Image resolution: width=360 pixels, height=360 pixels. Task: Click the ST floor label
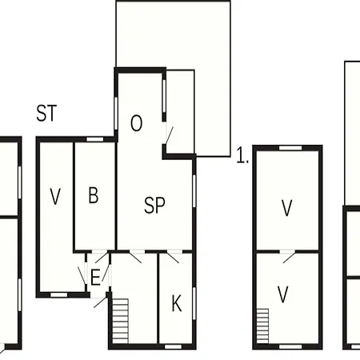tap(46, 113)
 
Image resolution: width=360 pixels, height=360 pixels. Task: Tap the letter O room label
tap(136, 123)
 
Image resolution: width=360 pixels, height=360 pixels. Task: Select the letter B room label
tap(94, 195)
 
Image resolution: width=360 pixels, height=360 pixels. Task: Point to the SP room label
tap(154, 205)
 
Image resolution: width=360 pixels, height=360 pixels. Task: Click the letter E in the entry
tap(95, 278)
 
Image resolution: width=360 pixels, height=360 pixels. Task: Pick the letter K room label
tap(177, 303)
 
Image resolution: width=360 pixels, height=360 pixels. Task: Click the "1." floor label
tap(242, 156)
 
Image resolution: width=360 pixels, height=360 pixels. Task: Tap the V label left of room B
tap(55, 197)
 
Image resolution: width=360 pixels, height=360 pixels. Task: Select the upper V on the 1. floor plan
tap(287, 208)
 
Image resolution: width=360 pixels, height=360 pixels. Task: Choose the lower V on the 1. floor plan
tap(282, 294)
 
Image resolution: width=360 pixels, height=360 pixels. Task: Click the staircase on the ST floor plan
tap(120, 321)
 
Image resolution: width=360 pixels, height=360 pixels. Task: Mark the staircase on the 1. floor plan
tap(262, 326)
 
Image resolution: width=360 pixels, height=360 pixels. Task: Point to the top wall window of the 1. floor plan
tap(290, 148)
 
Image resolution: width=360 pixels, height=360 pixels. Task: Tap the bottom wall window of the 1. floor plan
tap(290, 346)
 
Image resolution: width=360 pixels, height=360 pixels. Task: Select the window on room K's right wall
tap(194, 303)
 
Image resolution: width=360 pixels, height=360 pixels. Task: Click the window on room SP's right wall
tap(194, 190)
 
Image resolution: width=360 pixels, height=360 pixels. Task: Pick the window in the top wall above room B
tap(95, 139)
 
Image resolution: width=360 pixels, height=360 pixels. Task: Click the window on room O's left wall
tap(116, 114)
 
